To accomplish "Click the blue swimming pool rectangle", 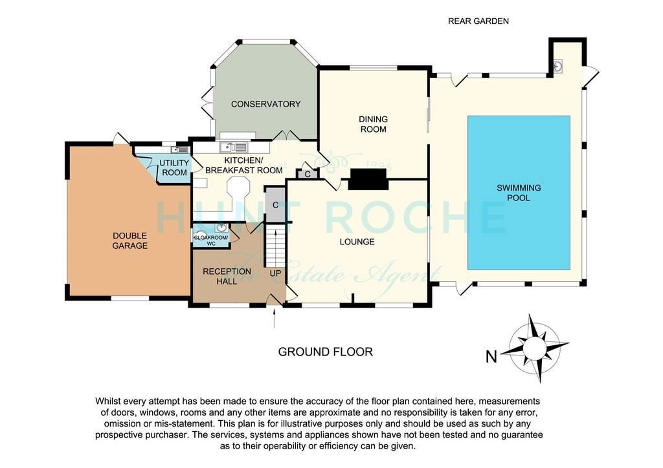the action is click(x=519, y=193).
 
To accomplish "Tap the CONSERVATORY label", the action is click(x=265, y=104).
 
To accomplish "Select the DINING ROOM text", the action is click(x=374, y=124).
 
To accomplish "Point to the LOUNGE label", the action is click(x=357, y=242).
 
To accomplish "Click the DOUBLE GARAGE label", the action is click(x=129, y=240).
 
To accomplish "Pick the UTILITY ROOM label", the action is click(x=174, y=167).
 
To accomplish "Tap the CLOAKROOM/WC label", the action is click(x=210, y=240).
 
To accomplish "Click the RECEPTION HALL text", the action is click(x=227, y=276).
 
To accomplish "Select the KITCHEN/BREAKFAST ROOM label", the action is click(x=244, y=165).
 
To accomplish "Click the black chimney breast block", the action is click(x=368, y=179).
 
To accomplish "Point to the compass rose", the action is click(x=535, y=348).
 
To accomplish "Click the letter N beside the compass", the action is click(x=491, y=357).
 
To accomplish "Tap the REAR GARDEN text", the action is click(x=478, y=21).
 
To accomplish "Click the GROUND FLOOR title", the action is click(x=326, y=352).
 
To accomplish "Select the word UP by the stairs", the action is click(x=275, y=273).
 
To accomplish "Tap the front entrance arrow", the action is click(x=275, y=318).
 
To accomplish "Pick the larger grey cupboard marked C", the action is click(x=275, y=205).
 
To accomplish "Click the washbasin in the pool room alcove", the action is click(x=559, y=66).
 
